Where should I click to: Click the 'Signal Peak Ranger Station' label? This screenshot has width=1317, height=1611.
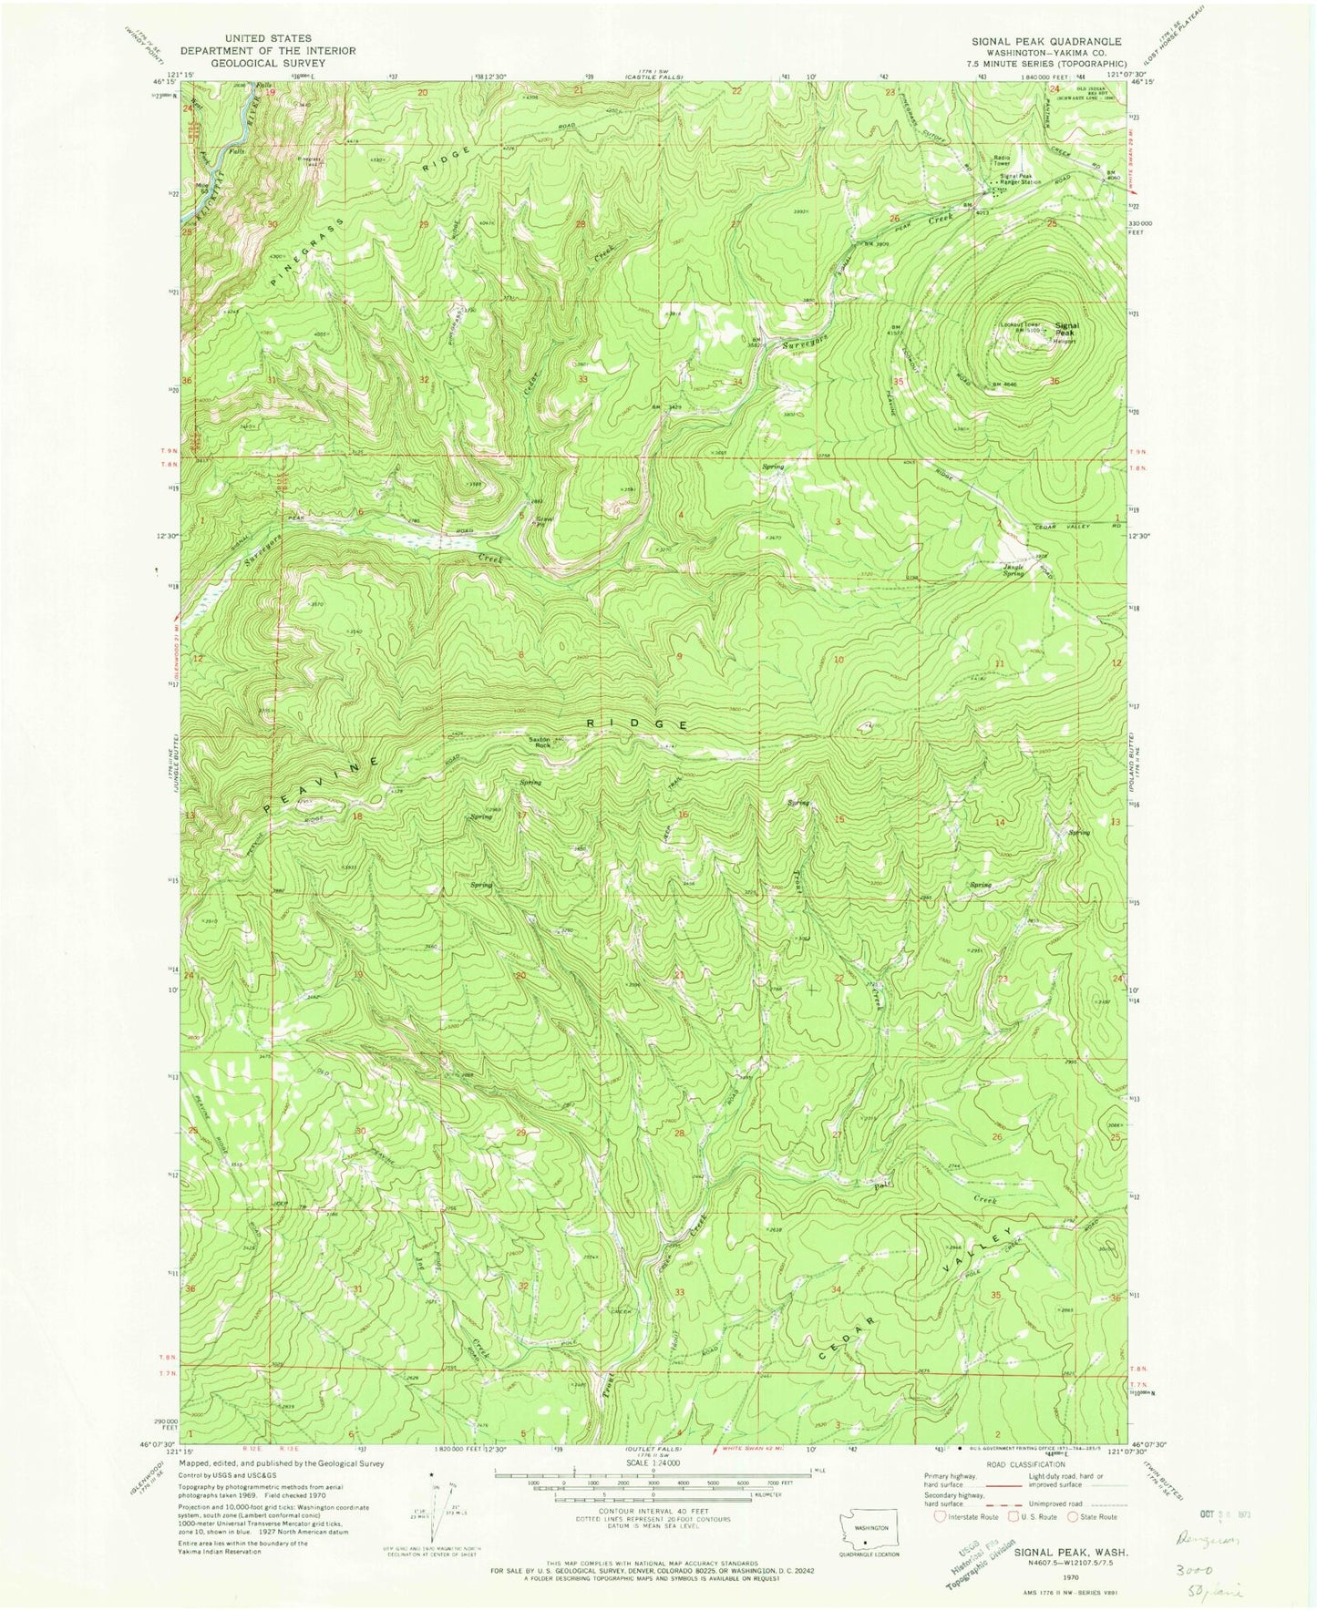click(x=1023, y=180)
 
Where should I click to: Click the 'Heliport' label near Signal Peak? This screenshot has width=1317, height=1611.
click(x=1065, y=343)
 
